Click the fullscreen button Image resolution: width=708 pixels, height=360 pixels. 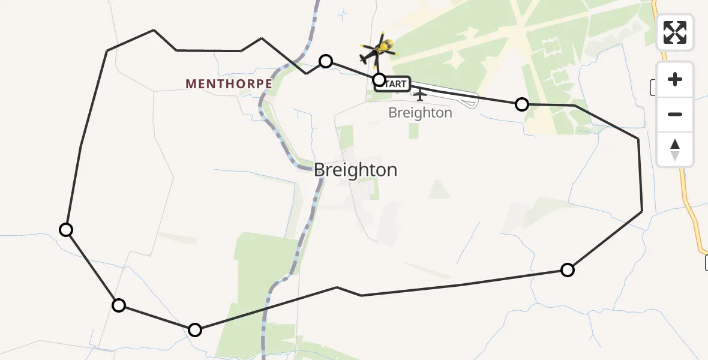pos(675,32)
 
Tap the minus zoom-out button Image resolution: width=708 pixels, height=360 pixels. pos(675,114)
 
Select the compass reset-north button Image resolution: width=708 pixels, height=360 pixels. pos(675,149)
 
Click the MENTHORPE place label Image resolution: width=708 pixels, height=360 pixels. pos(229,84)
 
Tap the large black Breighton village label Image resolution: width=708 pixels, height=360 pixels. pos(355,170)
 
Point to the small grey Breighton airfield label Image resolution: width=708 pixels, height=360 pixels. pos(420,113)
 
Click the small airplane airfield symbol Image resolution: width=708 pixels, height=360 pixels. pos(420,95)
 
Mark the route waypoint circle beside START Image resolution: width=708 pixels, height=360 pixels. pos(379,79)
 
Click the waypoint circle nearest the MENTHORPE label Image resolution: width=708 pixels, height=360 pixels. pos(326,61)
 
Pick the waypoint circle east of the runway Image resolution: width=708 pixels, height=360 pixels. pos(522,104)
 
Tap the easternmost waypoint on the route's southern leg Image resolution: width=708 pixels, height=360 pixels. pos(567,270)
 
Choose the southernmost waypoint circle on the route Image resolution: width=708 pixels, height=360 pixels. pos(195,329)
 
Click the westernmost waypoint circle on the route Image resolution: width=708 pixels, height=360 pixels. pos(66,229)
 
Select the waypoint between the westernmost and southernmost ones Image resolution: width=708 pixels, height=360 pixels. pos(119,305)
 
